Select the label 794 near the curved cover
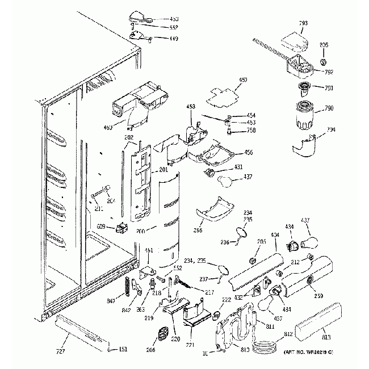click(331, 129)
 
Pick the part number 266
click(198, 232)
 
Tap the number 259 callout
click(318, 296)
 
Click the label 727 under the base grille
click(60, 351)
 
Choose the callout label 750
click(250, 130)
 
